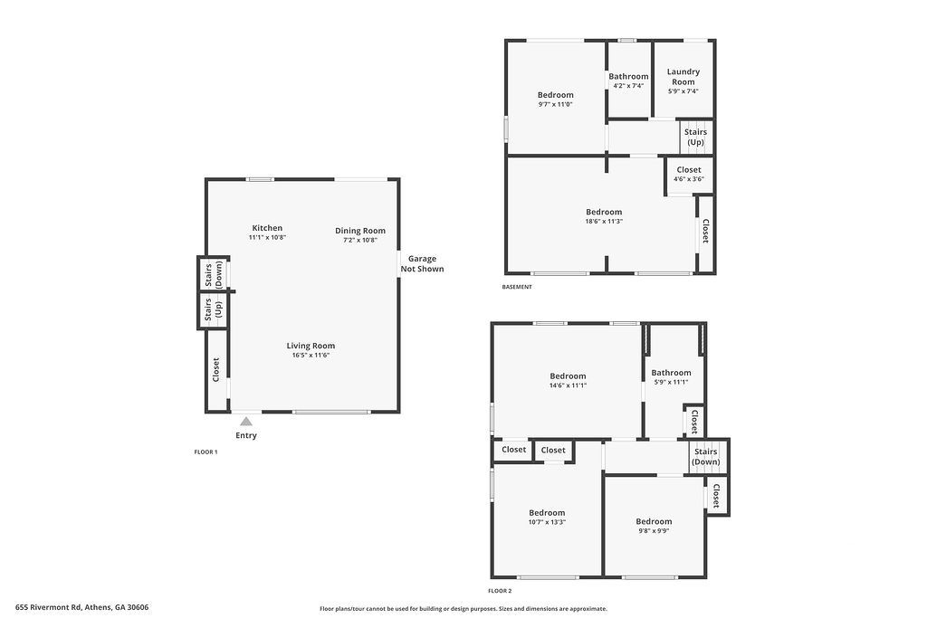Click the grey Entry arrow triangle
tap(246, 422)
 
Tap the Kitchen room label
tap(267, 228)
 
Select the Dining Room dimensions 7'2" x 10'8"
tap(360, 240)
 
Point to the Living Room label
tap(311, 347)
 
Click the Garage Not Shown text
tap(422, 263)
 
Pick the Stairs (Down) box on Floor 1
tap(213, 275)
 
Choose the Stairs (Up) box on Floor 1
tap(213, 310)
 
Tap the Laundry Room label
tap(683, 77)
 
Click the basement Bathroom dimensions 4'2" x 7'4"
tap(628, 86)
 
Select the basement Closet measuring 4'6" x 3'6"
tap(689, 175)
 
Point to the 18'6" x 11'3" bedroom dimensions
tap(604, 222)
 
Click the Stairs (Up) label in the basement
tap(696, 137)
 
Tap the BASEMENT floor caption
tap(517, 287)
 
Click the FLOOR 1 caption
tap(205, 452)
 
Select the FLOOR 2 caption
tap(500, 591)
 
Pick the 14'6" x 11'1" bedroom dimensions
tap(569, 385)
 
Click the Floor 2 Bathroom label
tap(671, 373)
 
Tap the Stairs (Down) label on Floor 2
tap(706, 457)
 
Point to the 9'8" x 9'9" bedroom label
tap(654, 522)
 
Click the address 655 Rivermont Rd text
tap(49, 607)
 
